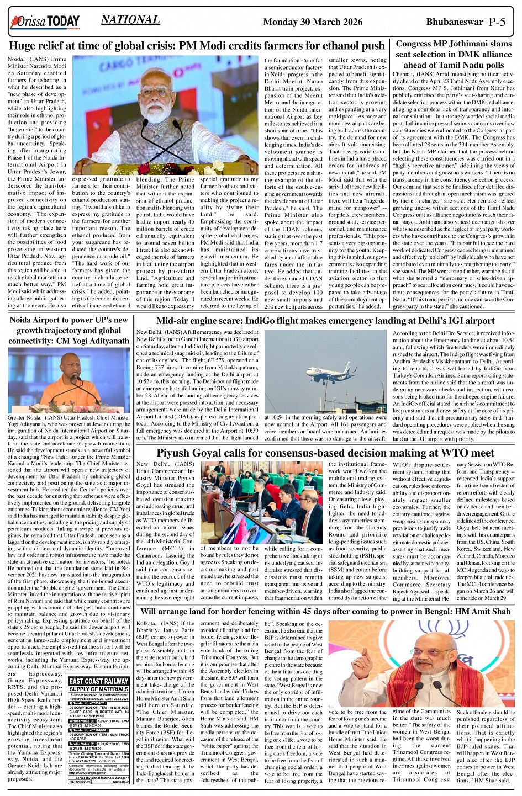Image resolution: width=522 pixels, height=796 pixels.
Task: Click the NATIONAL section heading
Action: (x=130, y=20)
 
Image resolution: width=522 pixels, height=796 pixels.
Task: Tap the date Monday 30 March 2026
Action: (x=313, y=22)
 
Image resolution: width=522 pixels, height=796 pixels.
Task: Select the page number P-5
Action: (x=497, y=22)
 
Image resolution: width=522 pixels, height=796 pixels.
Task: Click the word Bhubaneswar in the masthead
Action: (x=455, y=22)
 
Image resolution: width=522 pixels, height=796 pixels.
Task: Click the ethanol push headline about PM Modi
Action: (x=197, y=46)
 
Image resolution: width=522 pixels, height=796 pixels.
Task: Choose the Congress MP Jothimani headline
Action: (x=454, y=54)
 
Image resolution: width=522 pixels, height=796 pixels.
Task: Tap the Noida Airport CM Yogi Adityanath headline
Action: (x=69, y=330)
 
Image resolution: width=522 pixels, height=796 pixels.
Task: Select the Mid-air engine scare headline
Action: (x=325, y=321)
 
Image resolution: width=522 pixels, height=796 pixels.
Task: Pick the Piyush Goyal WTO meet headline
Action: (x=325, y=453)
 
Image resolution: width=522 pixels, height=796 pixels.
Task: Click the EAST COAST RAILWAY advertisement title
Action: (x=99, y=681)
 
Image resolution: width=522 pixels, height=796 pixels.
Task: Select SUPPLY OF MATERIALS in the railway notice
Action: (x=99, y=689)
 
